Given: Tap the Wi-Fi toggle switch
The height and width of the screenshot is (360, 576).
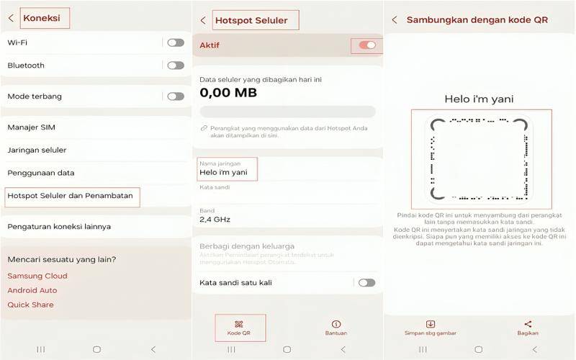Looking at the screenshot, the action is pyautogui.click(x=176, y=42).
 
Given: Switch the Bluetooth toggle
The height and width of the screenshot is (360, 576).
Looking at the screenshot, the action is pyautogui.click(x=176, y=66).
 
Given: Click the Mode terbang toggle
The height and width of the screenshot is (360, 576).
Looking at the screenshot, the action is pyautogui.click(x=176, y=96).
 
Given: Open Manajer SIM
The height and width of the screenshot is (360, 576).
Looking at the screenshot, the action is pyautogui.click(x=31, y=127).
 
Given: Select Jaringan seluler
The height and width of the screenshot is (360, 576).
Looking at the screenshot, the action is pyautogui.click(x=37, y=150).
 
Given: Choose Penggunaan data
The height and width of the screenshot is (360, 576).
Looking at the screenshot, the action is pyautogui.click(x=41, y=173).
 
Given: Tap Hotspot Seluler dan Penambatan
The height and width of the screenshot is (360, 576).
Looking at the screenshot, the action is pyautogui.click(x=70, y=196).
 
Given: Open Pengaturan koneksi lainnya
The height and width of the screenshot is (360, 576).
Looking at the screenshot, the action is pyautogui.click(x=59, y=227).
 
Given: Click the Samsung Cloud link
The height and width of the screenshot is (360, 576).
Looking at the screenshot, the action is pyautogui.click(x=37, y=276).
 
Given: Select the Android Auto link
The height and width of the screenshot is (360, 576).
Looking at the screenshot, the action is pyautogui.click(x=32, y=290).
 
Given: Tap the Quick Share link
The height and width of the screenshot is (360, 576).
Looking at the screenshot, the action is pyautogui.click(x=30, y=305).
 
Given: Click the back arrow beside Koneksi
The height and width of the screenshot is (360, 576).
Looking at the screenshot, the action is pyautogui.click(x=11, y=18).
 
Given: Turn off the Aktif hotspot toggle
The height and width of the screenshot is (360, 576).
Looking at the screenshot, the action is pyautogui.click(x=367, y=45).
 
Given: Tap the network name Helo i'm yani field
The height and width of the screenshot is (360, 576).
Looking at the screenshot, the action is pyautogui.click(x=223, y=172).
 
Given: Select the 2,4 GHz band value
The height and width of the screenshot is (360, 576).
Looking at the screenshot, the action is pyautogui.click(x=215, y=220).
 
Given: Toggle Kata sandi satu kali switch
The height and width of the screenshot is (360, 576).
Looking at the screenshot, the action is pyautogui.click(x=366, y=282).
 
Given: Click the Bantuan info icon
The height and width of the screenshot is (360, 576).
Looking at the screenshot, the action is pyautogui.click(x=336, y=324).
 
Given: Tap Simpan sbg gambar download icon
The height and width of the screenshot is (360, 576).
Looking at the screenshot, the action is pyautogui.click(x=430, y=324).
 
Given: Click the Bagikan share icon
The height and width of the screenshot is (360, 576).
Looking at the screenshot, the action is pyautogui.click(x=528, y=324).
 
